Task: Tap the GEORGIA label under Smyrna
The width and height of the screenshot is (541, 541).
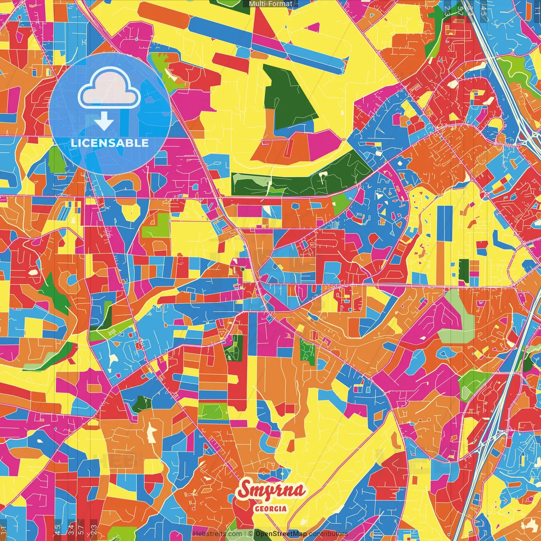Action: point(270,508)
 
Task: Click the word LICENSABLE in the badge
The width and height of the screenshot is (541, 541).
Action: point(110,143)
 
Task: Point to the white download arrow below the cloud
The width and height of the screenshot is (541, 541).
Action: point(104,123)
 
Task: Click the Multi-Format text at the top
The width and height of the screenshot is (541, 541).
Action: point(270,4)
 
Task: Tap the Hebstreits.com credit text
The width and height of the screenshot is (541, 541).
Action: point(217,534)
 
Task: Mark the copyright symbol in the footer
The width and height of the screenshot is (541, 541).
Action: point(250,534)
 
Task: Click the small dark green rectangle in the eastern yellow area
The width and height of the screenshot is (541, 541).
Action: point(464,271)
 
